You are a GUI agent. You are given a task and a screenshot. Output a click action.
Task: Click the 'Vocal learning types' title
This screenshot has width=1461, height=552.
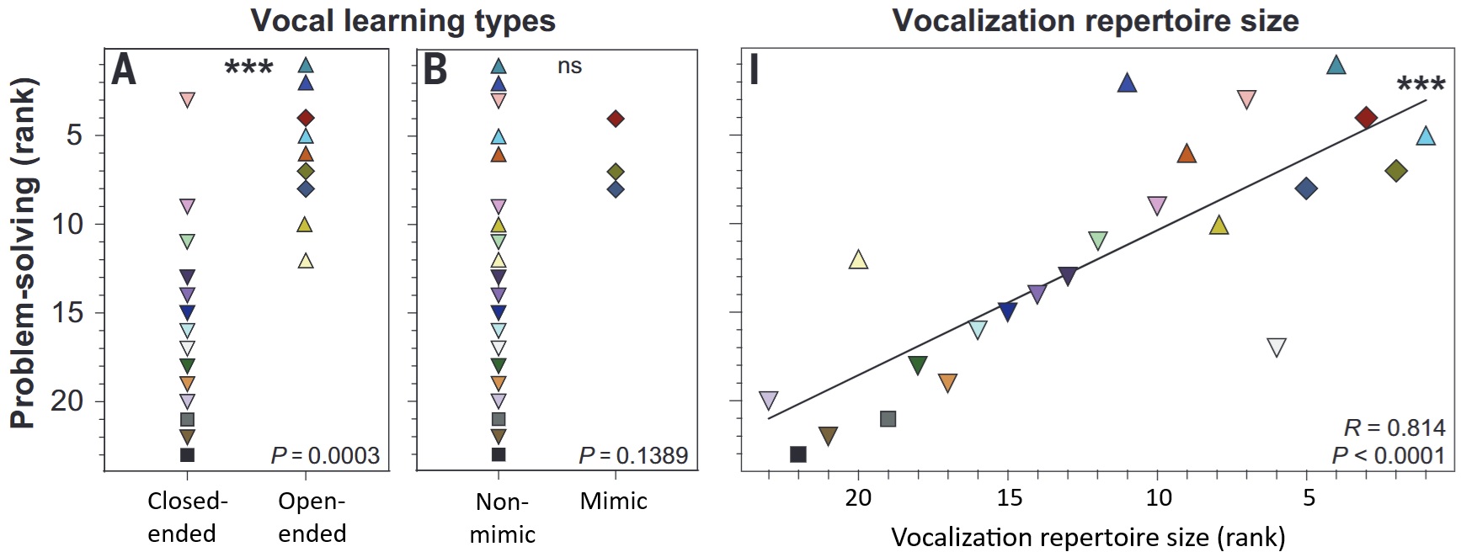point(403,20)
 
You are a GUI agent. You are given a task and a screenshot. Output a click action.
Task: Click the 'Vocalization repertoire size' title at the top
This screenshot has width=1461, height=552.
point(1095,20)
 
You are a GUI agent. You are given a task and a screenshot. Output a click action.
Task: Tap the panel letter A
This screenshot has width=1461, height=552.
point(124,70)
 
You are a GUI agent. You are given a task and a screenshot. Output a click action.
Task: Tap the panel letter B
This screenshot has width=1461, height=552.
point(435,70)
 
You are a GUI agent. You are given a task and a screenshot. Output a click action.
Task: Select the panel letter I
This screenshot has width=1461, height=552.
point(754,70)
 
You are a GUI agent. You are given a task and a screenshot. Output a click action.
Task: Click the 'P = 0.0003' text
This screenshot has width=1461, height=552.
point(325,455)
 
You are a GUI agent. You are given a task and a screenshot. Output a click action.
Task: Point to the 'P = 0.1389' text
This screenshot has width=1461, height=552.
point(633,455)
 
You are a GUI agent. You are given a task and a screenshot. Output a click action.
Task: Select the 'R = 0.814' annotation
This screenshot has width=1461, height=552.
point(1394,427)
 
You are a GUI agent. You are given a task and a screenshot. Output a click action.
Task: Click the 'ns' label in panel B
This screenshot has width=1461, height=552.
point(569,66)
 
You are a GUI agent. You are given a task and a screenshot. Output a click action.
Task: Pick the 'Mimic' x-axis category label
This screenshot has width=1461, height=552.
point(614,502)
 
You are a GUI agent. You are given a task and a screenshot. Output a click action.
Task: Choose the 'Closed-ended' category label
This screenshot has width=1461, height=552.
point(186,517)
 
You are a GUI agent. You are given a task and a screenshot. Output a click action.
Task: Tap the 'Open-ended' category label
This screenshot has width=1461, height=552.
point(312,517)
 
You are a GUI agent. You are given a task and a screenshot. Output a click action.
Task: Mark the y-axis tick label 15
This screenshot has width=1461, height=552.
point(67,313)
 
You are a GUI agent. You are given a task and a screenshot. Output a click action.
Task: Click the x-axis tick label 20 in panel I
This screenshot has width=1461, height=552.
point(858,498)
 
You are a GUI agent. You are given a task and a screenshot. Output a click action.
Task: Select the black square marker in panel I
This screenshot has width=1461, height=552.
point(798,454)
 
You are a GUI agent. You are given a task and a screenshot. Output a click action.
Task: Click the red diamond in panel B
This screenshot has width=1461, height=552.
point(616,119)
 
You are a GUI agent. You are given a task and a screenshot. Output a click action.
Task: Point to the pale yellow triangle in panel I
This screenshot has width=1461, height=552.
point(858,260)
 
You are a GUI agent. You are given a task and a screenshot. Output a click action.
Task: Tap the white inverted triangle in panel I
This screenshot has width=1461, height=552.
point(1277,348)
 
